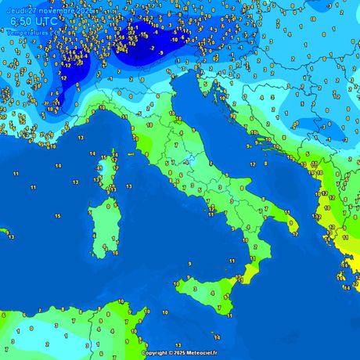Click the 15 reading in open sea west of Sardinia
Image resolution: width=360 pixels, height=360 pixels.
pyautogui.click(x=58, y=215)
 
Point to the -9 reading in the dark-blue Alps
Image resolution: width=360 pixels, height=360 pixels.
pyautogui.click(x=162, y=53)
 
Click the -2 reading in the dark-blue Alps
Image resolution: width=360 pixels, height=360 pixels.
pyautogui.click(x=151, y=47)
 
